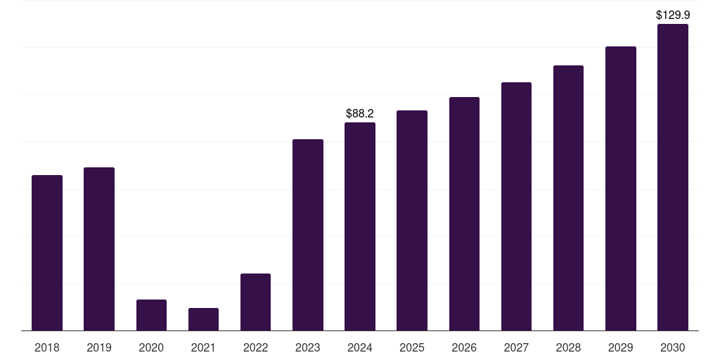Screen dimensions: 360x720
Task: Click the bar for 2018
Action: pos(47,252)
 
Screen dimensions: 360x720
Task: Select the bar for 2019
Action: pos(99,249)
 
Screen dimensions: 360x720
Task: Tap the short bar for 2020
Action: pos(151,315)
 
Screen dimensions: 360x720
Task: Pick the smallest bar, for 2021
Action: pos(203,319)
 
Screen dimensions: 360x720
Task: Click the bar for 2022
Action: pos(255,302)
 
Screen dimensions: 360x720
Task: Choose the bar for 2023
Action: pos(308,235)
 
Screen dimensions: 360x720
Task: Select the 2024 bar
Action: pos(360,226)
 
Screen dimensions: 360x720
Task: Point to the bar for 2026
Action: pos(464,214)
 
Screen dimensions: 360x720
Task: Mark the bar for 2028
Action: pos(568,198)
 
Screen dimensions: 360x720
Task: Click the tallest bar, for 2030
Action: pos(673,177)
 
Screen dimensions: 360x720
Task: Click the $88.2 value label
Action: pos(360,113)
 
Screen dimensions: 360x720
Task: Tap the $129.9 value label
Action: pos(673,15)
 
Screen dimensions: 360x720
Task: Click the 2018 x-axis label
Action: pos(47,347)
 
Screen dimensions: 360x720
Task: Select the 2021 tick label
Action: pos(203,347)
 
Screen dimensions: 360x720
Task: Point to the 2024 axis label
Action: pos(360,347)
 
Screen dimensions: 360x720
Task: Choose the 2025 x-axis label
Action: pos(412,347)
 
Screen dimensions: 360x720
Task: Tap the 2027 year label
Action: pos(516,347)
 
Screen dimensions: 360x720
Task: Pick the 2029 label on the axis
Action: pos(621,347)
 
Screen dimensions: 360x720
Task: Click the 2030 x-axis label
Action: pos(673,347)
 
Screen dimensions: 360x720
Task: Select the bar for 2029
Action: pos(621,188)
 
